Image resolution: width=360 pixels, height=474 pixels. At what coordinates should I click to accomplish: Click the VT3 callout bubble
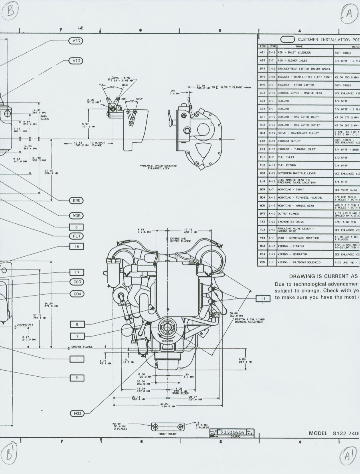point(76,41)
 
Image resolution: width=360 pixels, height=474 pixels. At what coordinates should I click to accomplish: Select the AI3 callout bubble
point(76,61)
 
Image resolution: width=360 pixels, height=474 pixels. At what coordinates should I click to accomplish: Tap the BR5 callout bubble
point(76,201)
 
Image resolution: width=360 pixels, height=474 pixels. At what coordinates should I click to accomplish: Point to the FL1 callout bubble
point(76,236)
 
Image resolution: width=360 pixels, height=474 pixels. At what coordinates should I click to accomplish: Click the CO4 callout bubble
point(77,294)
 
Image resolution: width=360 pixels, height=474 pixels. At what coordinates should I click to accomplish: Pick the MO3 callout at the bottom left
point(78,413)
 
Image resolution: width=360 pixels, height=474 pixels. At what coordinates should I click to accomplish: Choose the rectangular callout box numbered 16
point(77,246)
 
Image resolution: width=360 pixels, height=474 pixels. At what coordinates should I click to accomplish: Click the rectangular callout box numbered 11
point(263,298)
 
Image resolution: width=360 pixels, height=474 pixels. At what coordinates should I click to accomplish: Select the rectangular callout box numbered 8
point(77,324)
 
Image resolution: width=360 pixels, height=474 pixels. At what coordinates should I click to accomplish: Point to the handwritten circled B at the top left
point(10,12)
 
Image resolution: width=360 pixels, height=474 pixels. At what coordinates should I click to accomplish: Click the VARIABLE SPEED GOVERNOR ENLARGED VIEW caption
point(159,167)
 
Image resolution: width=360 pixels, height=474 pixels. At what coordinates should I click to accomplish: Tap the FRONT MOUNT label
point(167,434)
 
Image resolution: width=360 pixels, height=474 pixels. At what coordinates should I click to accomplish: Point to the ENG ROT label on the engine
point(167,341)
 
